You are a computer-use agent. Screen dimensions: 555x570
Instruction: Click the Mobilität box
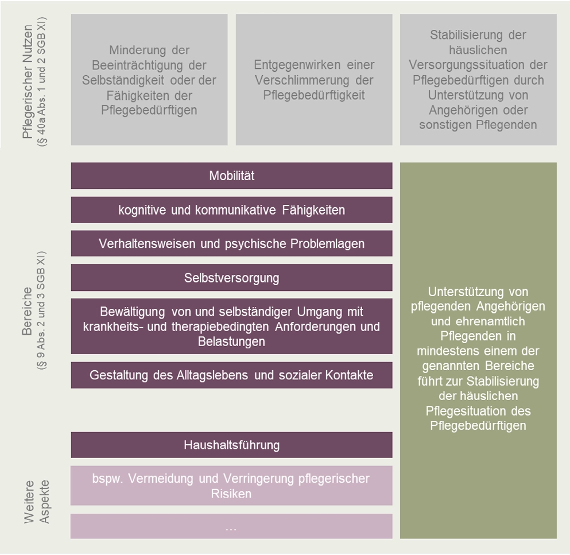click(231, 176)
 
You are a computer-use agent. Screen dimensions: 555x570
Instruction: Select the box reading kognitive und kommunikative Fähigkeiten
click(231, 210)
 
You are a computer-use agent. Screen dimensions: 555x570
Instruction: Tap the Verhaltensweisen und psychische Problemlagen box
click(231, 243)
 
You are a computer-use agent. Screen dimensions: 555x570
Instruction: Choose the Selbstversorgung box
click(231, 278)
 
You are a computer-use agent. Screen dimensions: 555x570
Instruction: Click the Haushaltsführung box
click(231, 445)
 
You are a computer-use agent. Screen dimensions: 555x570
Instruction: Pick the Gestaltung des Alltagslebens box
click(231, 375)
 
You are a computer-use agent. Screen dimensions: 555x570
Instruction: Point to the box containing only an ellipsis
click(231, 526)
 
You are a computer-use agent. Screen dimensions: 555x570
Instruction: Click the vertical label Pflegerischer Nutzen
click(28, 80)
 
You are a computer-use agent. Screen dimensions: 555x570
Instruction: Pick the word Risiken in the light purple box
click(231, 493)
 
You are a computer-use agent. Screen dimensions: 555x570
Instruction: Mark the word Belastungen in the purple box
click(231, 341)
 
